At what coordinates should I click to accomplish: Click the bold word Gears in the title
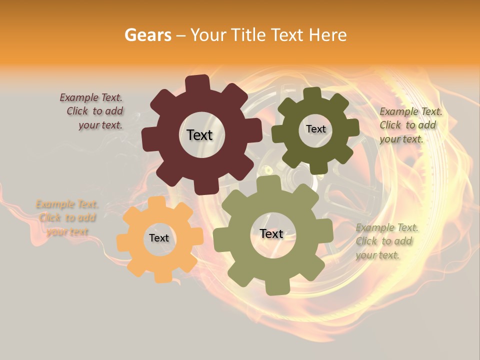pyautogui.click(x=148, y=35)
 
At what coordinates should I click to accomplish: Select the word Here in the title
pyautogui.click(x=328, y=35)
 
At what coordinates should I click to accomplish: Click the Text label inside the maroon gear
pyautogui.click(x=199, y=135)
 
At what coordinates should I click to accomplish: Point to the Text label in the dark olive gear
pyautogui.click(x=315, y=129)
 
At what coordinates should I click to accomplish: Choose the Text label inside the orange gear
pyautogui.click(x=159, y=238)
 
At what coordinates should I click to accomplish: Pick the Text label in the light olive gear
pyautogui.click(x=271, y=234)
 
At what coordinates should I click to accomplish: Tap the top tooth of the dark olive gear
pyautogui.click(x=312, y=94)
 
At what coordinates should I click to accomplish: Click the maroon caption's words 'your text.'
pyautogui.click(x=100, y=125)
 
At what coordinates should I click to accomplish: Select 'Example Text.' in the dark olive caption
pyautogui.click(x=410, y=111)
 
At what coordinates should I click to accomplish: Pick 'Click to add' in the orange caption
pyautogui.click(x=67, y=218)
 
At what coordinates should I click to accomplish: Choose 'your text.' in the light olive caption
pyautogui.click(x=377, y=255)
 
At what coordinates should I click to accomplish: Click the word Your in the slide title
pyautogui.click(x=207, y=35)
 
